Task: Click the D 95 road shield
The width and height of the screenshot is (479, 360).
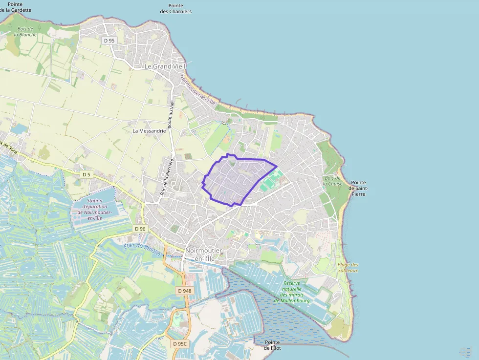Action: tap(109, 41)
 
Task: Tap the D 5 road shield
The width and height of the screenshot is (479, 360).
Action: tap(87, 174)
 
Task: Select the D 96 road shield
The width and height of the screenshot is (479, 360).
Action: tap(140, 229)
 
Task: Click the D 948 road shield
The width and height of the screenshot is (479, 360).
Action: tap(185, 291)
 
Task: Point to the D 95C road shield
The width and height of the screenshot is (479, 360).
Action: tap(180, 344)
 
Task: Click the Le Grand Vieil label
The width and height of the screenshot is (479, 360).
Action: tap(161, 66)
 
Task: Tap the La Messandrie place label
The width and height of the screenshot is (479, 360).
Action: tap(150, 131)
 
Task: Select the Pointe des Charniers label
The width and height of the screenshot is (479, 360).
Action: tap(175, 9)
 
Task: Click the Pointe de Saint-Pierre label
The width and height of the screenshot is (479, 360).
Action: tap(358, 188)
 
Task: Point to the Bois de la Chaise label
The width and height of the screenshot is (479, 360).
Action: tap(333, 181)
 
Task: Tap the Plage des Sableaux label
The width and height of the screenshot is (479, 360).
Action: tap(348, 267)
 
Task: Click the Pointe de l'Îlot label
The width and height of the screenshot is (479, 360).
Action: tap(272, 345)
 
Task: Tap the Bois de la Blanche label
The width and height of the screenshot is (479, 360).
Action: tap(26, 32)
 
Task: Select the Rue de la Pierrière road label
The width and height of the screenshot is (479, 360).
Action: tap(167, 177)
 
